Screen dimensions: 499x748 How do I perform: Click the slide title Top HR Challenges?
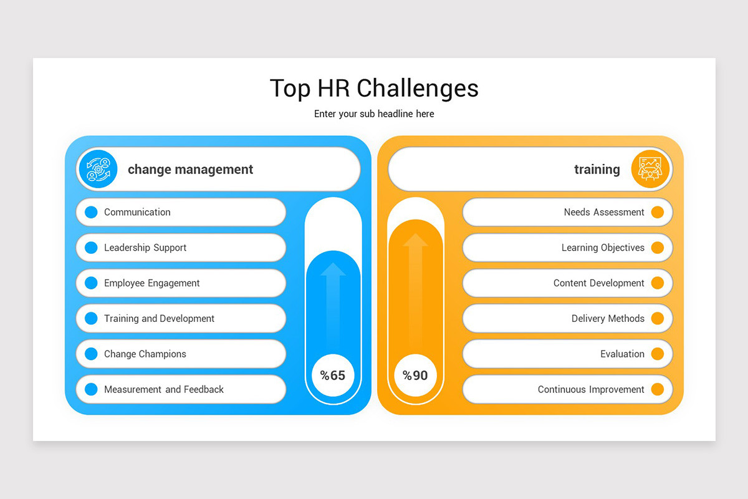tap(374, 88)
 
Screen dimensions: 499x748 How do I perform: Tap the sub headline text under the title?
tap(374, 114)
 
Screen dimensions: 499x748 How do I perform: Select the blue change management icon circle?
tap(98, 169)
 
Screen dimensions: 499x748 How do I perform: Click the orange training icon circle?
tap(650, 169)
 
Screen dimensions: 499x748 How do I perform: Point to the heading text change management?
tap(190, 169)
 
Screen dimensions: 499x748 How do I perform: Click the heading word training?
tap(597, 169)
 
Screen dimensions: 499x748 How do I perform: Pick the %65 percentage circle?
tap(333, 375)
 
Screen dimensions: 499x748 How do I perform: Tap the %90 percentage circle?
tap(415, 375)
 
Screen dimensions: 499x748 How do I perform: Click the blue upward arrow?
tap(333, 299)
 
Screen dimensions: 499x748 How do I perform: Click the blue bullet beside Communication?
tap(91, 212)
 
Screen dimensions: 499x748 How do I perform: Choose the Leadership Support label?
tap(145, 248)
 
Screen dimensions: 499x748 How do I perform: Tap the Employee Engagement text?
tap(151, 283)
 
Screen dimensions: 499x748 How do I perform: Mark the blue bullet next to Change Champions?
tap(91, 354)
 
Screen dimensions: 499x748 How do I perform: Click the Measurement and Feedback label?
tap(163, 389)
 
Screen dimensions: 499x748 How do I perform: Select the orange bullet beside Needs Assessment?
tap(657, 212)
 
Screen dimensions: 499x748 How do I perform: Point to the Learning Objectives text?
tap(603, 248)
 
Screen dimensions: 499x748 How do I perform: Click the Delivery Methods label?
tap(608, 318)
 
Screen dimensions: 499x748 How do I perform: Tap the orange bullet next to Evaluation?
tap(657, 354)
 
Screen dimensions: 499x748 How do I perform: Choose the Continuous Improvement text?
tap(591, 389)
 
